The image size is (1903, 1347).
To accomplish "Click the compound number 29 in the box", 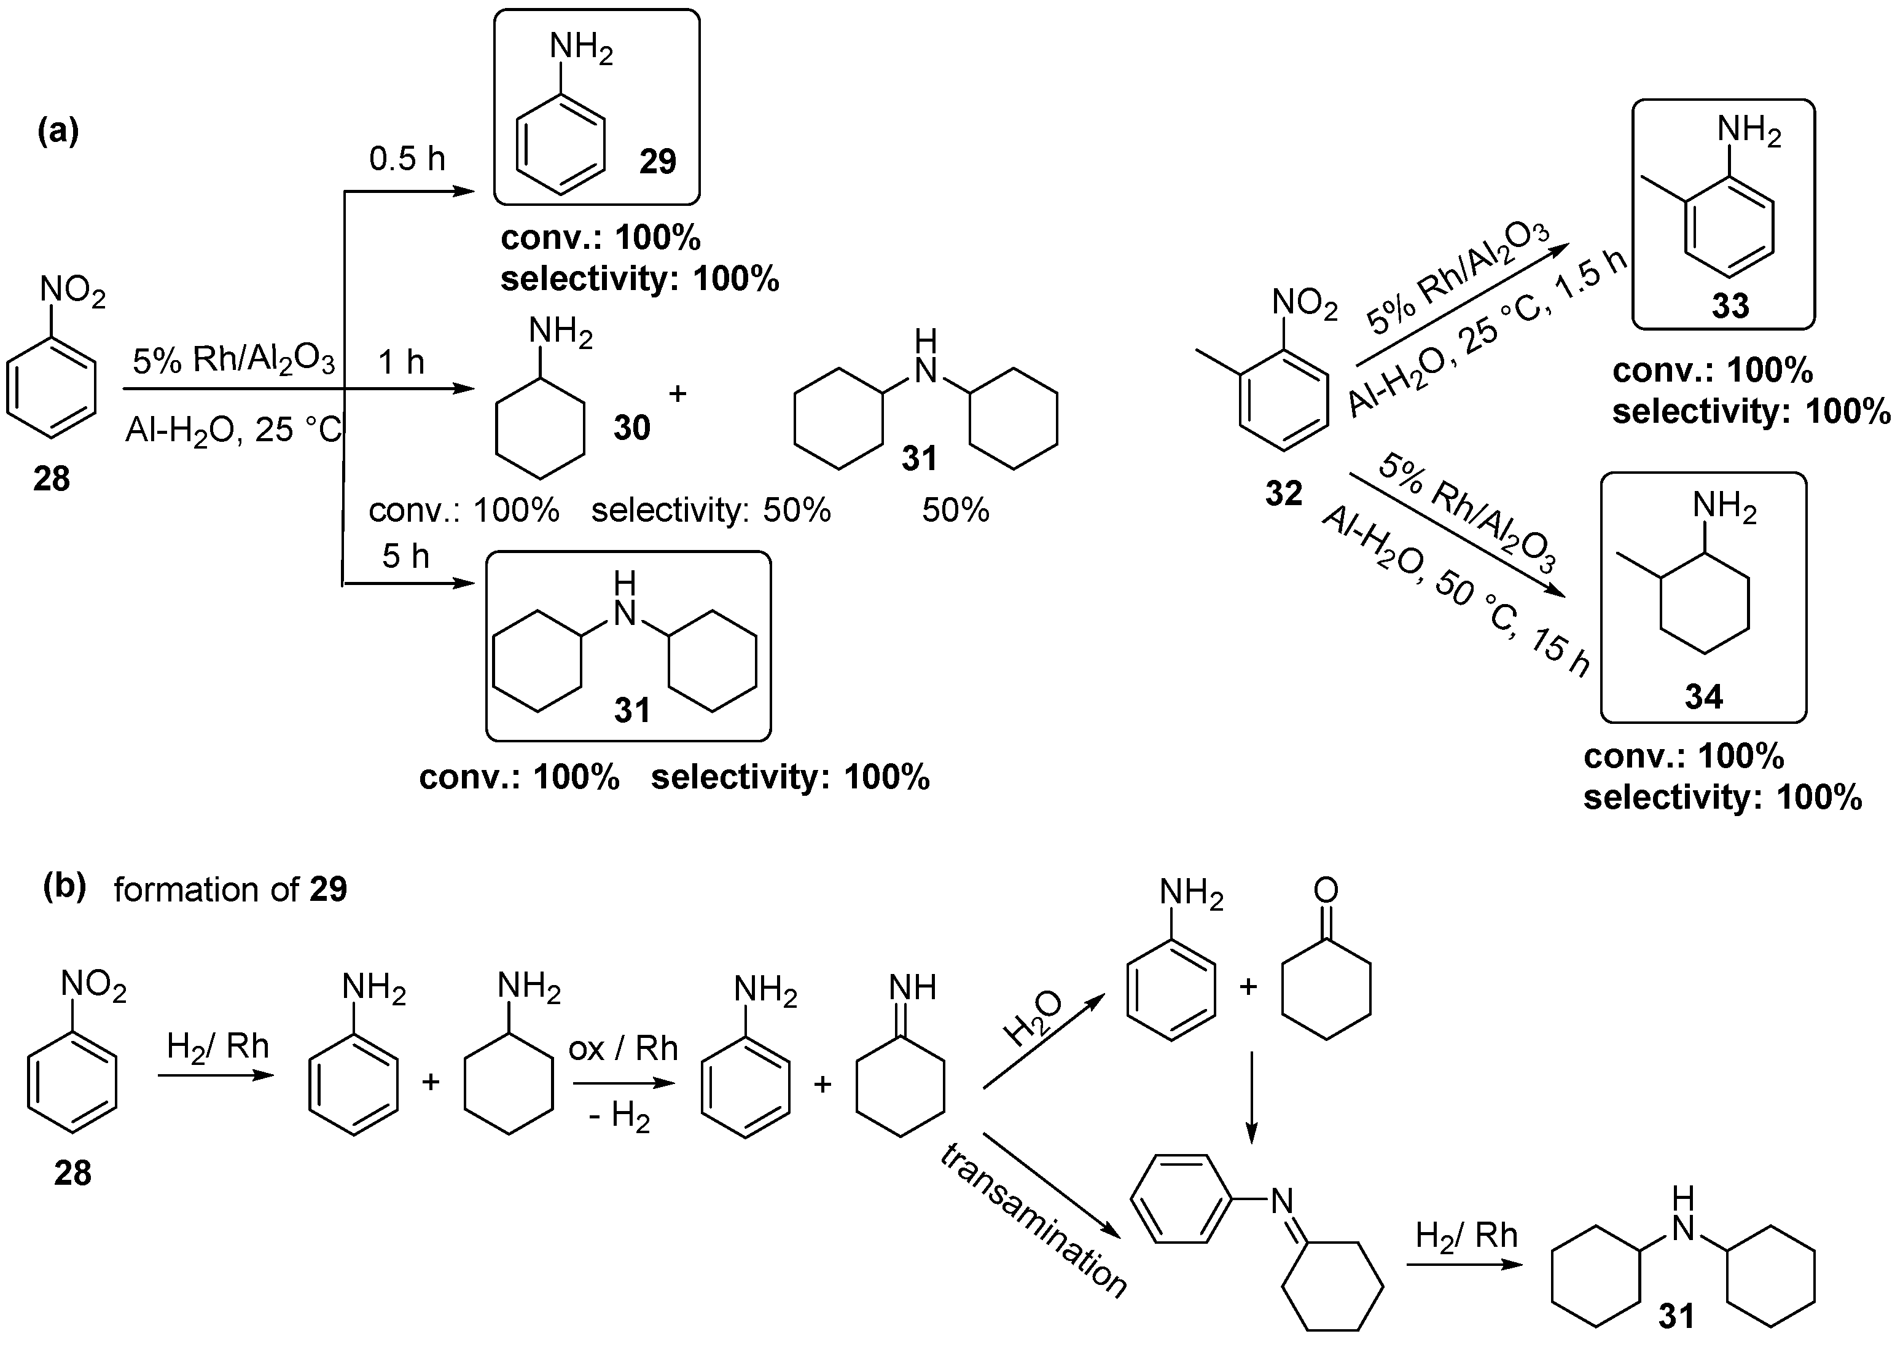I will point(657,161).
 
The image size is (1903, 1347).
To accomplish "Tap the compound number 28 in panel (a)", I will point(52,479).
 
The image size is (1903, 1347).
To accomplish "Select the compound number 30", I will point(632,428).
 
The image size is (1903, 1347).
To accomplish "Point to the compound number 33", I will point(1730,306).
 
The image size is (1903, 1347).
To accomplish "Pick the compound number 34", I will point(1703,697).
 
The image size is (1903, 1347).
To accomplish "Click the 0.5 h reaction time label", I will point(407,159).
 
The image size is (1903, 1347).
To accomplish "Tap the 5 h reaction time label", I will point(405,556).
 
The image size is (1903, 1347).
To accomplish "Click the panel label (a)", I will point(58,131).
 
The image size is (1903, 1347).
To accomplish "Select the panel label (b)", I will point(64,887).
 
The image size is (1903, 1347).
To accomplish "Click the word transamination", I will point(1033,1220).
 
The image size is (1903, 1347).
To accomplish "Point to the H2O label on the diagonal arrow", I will point(1033,1018).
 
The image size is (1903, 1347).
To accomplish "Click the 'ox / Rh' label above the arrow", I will point(623,1048).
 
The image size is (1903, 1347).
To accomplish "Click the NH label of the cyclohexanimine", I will point(912,987).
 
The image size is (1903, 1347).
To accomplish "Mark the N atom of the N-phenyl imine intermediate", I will point(1282,1200).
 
